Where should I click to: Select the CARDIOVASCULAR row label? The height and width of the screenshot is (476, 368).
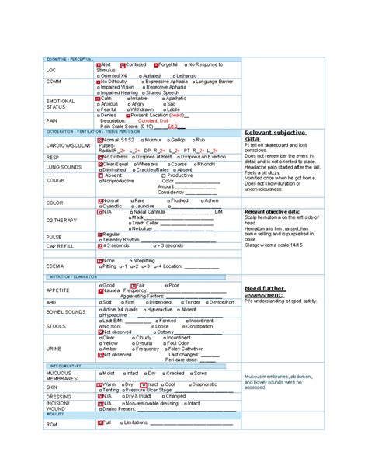coord(66,144)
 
